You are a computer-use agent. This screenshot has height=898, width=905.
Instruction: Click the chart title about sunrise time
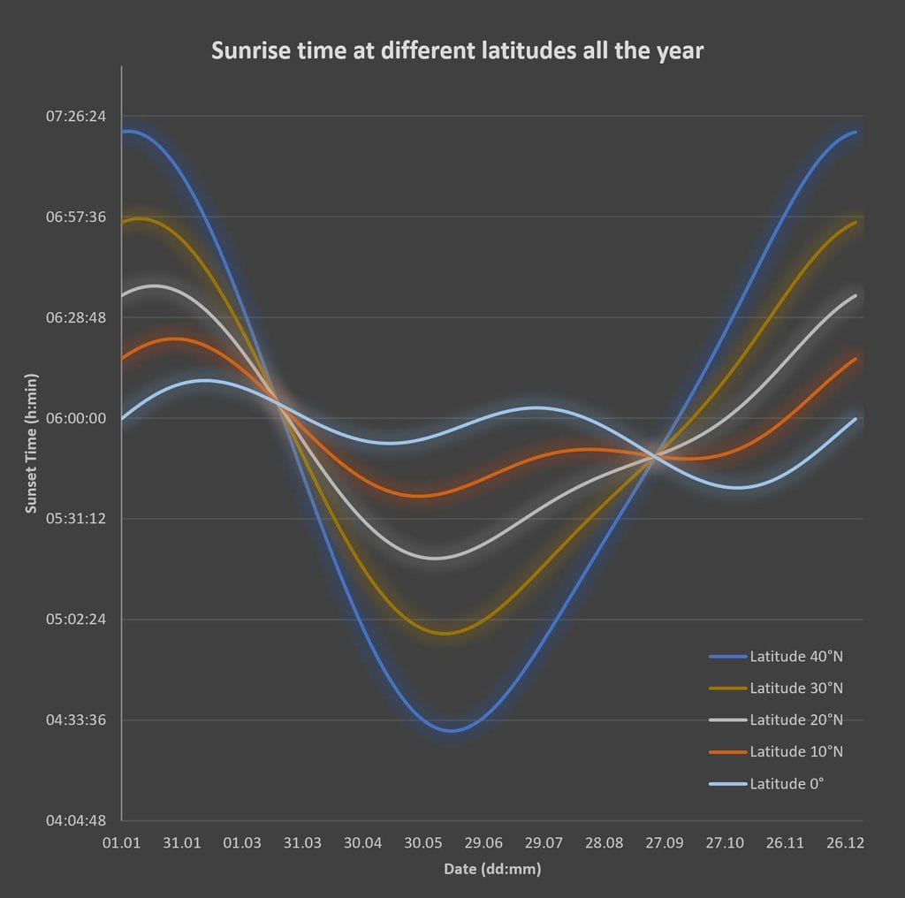click(457, 51)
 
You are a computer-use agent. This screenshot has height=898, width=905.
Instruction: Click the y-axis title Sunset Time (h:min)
click(32, 443)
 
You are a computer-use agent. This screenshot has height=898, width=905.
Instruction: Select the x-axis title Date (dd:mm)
click(491, 869)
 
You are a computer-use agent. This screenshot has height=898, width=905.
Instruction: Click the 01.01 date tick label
click(121, 843)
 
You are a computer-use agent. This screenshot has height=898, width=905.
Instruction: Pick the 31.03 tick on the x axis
click(302, 843)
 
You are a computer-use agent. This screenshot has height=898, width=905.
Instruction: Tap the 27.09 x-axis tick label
click(664, 843)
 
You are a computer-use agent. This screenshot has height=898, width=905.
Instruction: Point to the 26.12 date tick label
click(845, 843)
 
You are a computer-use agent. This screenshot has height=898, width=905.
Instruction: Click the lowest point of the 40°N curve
click(451, 730)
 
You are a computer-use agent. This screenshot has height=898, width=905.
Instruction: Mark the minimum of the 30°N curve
click(447, 633)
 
